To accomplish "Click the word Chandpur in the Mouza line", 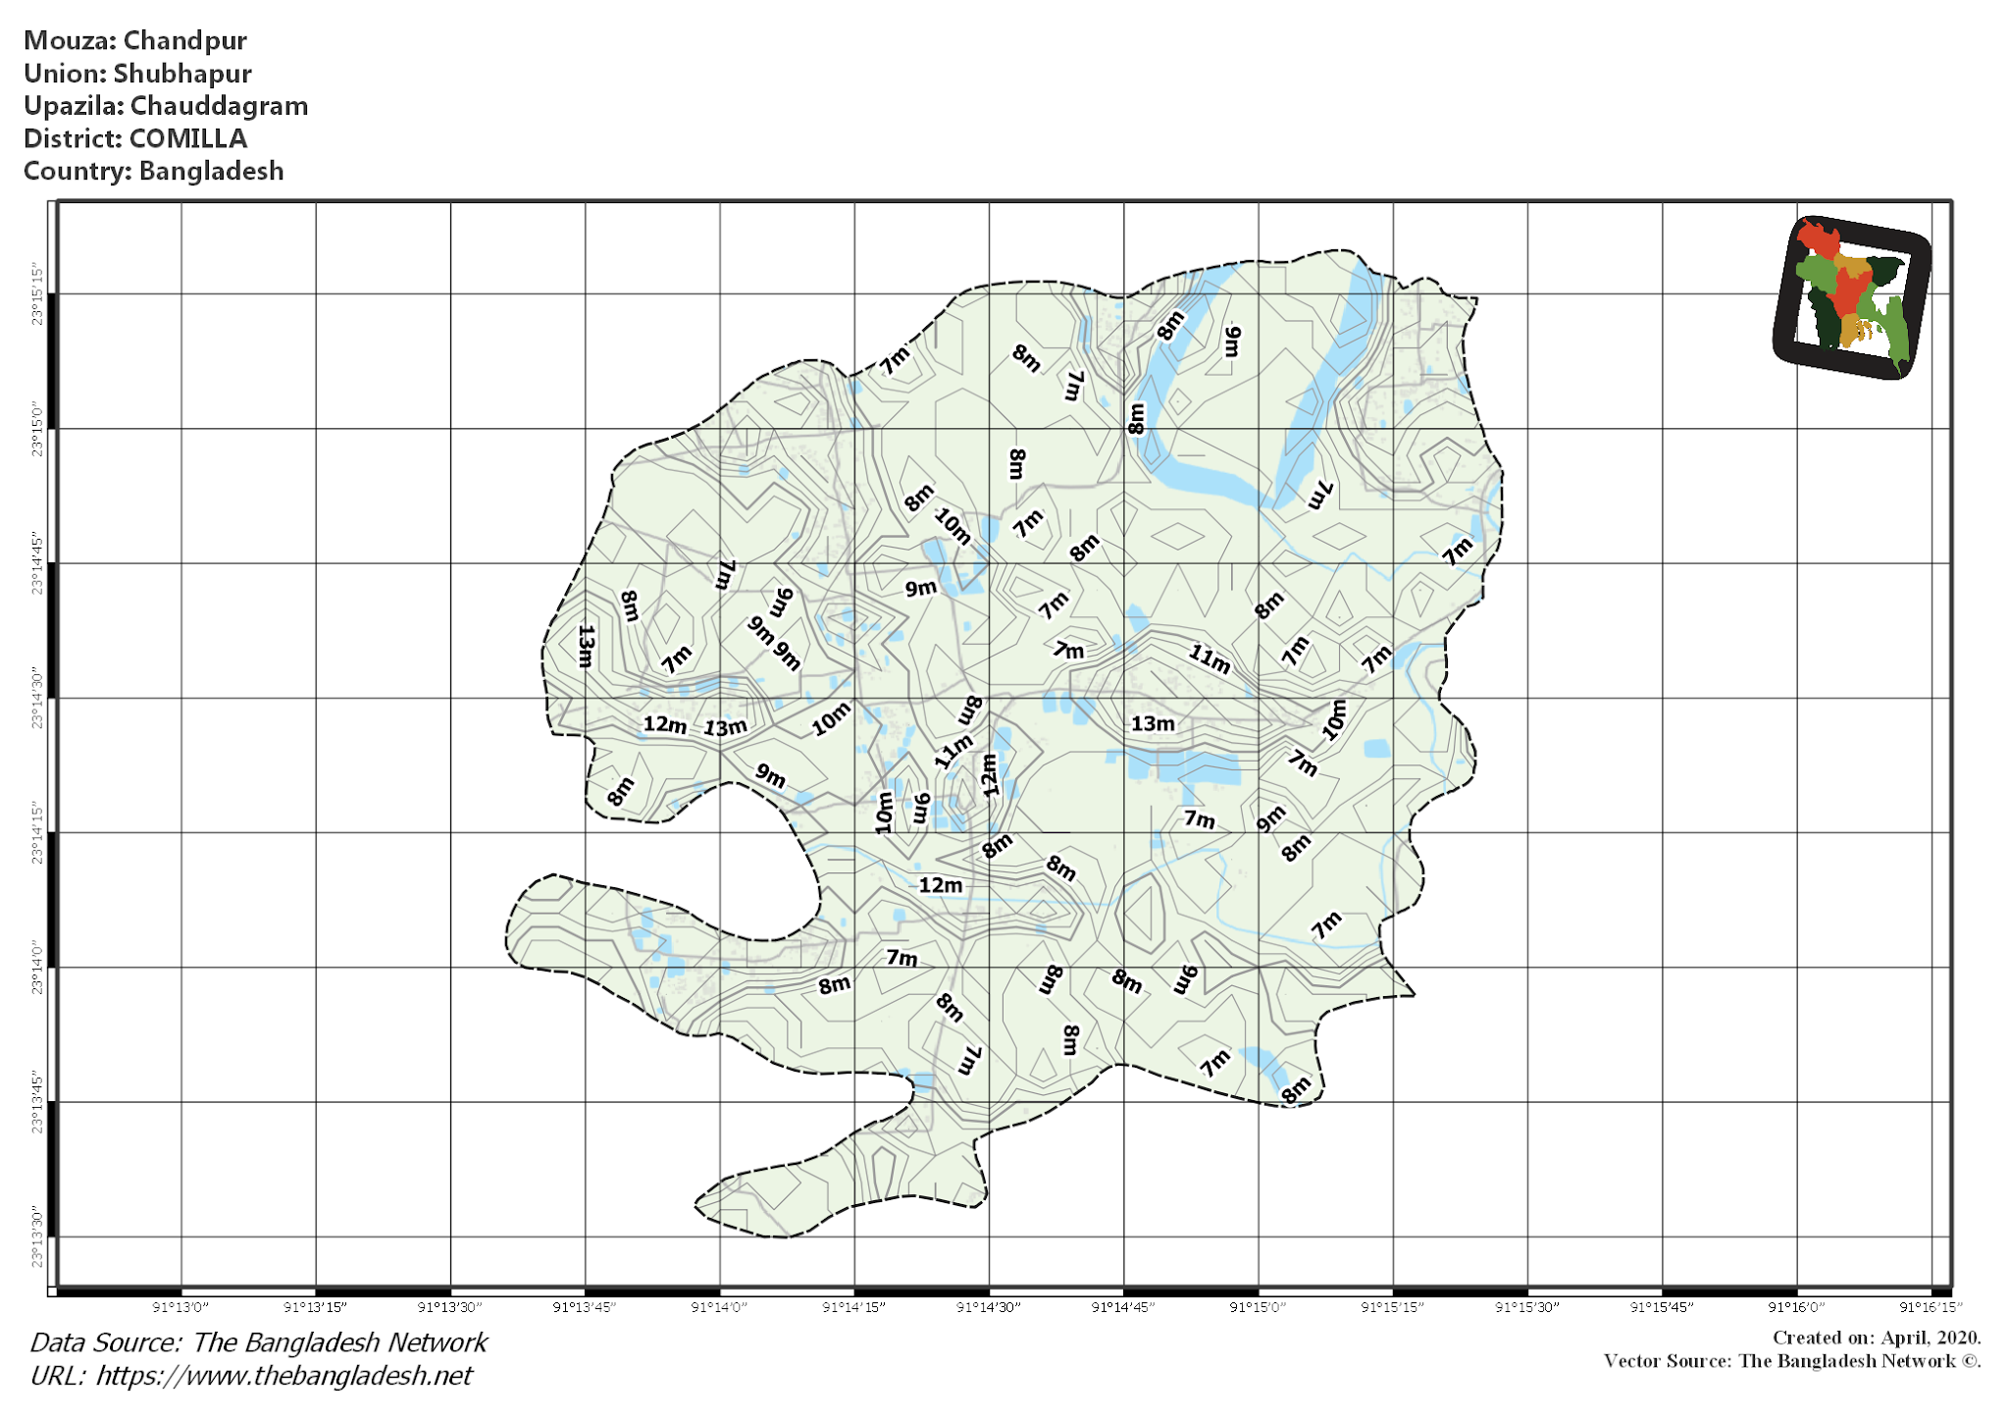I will tap(184, 41).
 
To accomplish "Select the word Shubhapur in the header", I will tap(182, 74).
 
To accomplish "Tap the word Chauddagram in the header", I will tap(219, 106).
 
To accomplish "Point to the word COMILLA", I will tap(188, 138).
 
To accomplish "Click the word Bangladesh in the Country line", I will tap(211, 171).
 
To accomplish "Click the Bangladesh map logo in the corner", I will tap(1851, 296).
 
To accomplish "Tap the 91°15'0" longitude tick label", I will tap(1258, 1307).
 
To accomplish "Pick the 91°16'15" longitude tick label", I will tap(1930, 1307).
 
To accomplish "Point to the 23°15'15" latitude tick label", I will tap(37, 293).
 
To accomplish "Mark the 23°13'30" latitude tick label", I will tap(37, 1237).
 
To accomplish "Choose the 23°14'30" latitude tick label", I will tap(37, 698).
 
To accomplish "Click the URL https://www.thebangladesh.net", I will tap(283, 1376).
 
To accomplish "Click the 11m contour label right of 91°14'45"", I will tap(1210, 658).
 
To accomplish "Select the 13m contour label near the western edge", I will tap(586, 646).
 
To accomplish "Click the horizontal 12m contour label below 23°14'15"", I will tap(940, 885).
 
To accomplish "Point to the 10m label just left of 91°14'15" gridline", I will tap(831, 719).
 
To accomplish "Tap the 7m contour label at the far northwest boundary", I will tap(895, 359).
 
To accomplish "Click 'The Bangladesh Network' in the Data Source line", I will tap(339, 1342).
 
